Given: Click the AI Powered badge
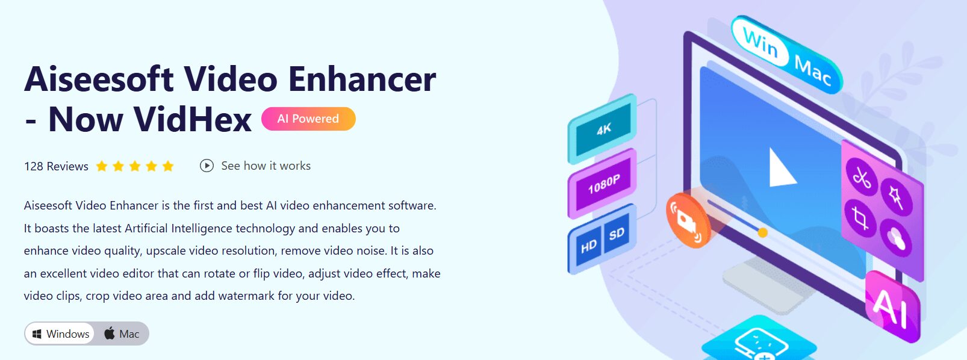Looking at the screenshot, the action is [x=308, y=119].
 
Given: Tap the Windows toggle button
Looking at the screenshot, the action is [x=60, y=334].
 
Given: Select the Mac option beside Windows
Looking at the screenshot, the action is [x=122, y=334].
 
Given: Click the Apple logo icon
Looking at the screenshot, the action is [x=110, y=334].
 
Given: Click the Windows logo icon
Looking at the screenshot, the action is [x=37, y=334].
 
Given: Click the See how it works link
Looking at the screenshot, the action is [x=255, y=166].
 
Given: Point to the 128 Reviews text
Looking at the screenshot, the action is [x=56, y=166].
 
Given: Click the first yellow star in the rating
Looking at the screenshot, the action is [x=102, y=166].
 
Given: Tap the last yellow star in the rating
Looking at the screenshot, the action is [x=168, y=166].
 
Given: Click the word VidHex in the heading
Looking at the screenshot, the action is [x=192, y=119].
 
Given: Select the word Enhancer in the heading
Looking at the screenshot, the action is [x=362, y=79].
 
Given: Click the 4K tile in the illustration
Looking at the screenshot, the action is [x=603, y=129].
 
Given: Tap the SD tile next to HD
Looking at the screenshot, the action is [x=617, y=234].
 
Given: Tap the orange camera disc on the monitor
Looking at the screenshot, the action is [x=688, y=220].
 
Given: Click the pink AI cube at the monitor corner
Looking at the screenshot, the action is [x=892, y=307].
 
